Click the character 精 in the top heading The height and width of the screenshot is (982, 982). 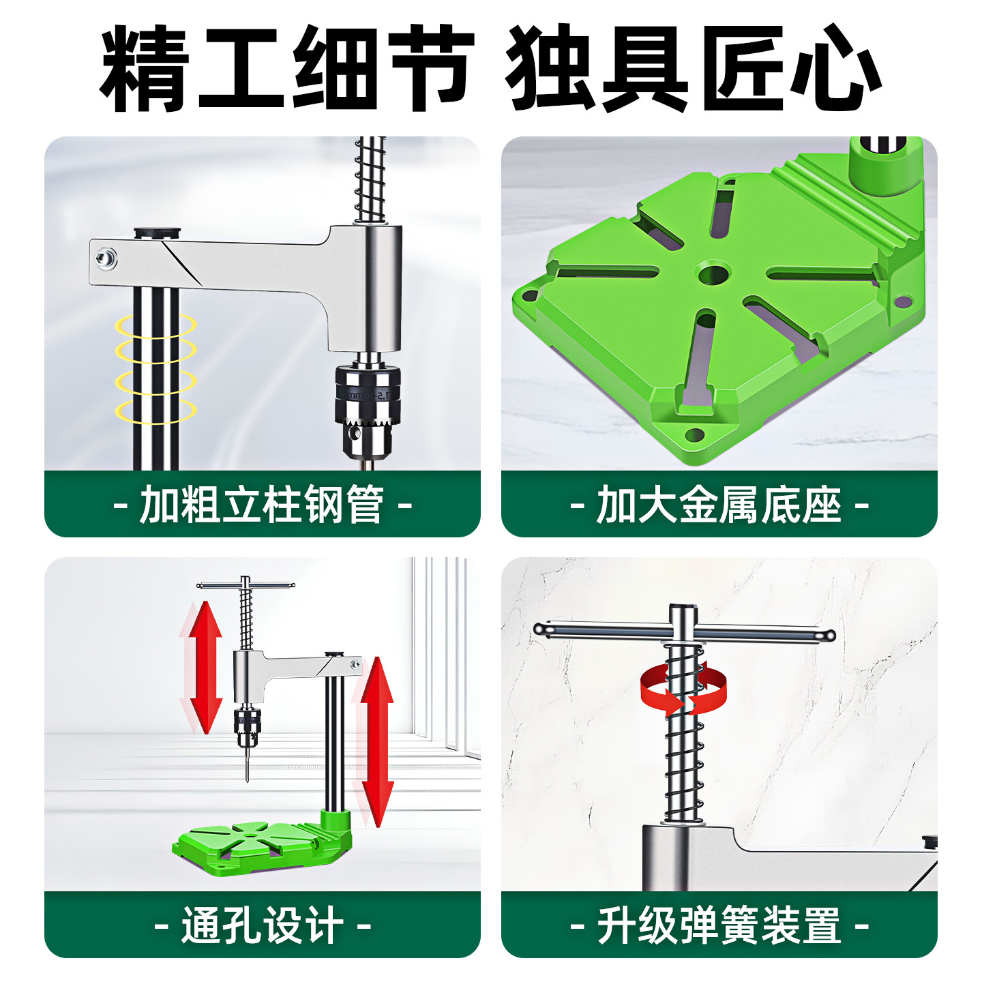[145, 68]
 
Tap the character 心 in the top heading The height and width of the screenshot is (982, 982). [836, 68]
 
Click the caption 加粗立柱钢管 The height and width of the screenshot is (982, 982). [262, 505]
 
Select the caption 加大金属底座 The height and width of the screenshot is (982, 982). [719, 505]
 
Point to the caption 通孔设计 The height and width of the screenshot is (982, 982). [262, 925]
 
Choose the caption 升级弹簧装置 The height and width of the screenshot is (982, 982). [719, 925]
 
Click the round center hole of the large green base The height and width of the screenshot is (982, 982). [713, 274]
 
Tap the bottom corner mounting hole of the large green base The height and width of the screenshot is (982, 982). [694, 434]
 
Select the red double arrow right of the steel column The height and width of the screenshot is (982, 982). [377, 740]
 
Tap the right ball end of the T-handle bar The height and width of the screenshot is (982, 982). [828, 636]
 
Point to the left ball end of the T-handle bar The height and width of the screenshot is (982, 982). [541, 629]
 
